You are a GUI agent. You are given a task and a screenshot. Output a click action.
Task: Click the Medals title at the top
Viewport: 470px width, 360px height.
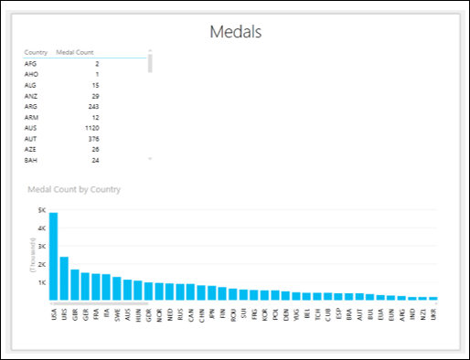tap(236, 32)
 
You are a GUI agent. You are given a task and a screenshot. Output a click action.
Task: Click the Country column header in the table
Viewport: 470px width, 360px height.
tap(36, 53)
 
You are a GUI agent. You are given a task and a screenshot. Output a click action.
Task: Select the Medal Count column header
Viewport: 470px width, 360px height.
tap(75, 53)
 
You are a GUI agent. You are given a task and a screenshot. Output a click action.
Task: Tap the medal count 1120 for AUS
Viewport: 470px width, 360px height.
tap(90, 128)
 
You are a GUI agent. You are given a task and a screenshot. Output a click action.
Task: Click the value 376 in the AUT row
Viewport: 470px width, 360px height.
tap(92, 139)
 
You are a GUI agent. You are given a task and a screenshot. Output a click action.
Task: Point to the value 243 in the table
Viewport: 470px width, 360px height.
tap(92, 107)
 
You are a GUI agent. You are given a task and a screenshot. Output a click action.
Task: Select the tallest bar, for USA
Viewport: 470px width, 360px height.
tap(54, 256)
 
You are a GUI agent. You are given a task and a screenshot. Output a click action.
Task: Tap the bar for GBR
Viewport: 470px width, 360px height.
tap(75, 283)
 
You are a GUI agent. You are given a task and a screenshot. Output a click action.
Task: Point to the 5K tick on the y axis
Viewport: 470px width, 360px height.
tap(41, 210)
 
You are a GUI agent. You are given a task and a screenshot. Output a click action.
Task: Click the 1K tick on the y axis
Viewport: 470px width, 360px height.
tap(41, 282)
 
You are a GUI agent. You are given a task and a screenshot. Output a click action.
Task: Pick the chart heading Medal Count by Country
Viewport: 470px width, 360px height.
tap(75, 189)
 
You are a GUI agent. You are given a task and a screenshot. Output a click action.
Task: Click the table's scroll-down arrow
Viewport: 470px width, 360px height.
tap(150, 160)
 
